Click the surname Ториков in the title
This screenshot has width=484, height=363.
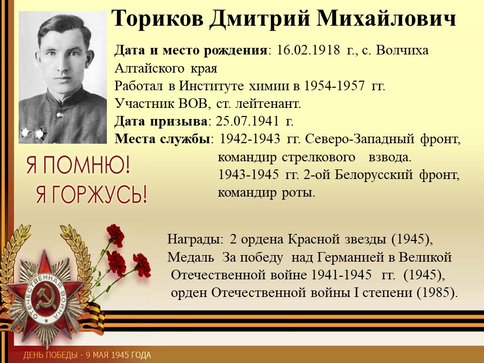coord(158,19)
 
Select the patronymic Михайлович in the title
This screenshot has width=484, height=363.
coord(386,19)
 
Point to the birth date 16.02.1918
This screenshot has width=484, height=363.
coord(308,50)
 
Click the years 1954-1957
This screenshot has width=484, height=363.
coord(334,86)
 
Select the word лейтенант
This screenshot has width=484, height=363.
coord(268,104)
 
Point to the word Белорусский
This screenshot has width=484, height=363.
coord(374,175)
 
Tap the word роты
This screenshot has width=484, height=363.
coord(298,193)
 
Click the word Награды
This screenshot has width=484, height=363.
coord(195,239)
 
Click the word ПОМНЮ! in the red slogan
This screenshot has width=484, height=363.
coord(86,165)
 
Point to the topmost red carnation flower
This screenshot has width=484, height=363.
coord(116,235)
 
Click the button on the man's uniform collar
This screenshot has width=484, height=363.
coord(60,115)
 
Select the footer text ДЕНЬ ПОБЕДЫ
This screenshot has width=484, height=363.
coord(47,355)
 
